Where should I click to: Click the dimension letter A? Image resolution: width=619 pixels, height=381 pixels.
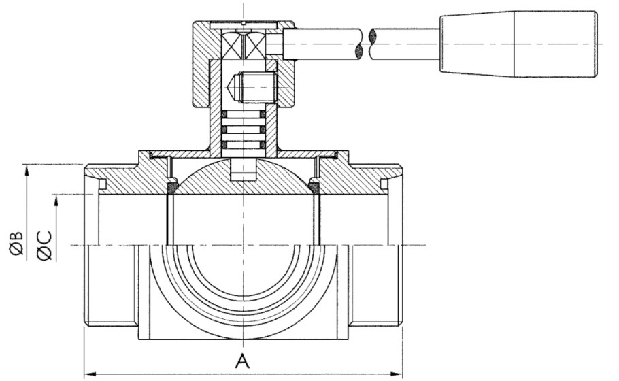(x=241, y=361)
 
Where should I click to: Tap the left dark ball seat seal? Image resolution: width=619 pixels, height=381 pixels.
(x=171, y=186)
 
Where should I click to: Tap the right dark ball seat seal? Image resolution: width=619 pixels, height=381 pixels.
(x=314, y=186)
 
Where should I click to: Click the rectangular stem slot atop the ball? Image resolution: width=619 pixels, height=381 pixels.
(x=243, y=169)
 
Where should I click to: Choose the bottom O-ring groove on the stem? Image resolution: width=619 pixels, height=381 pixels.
(x=244, y=144)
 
